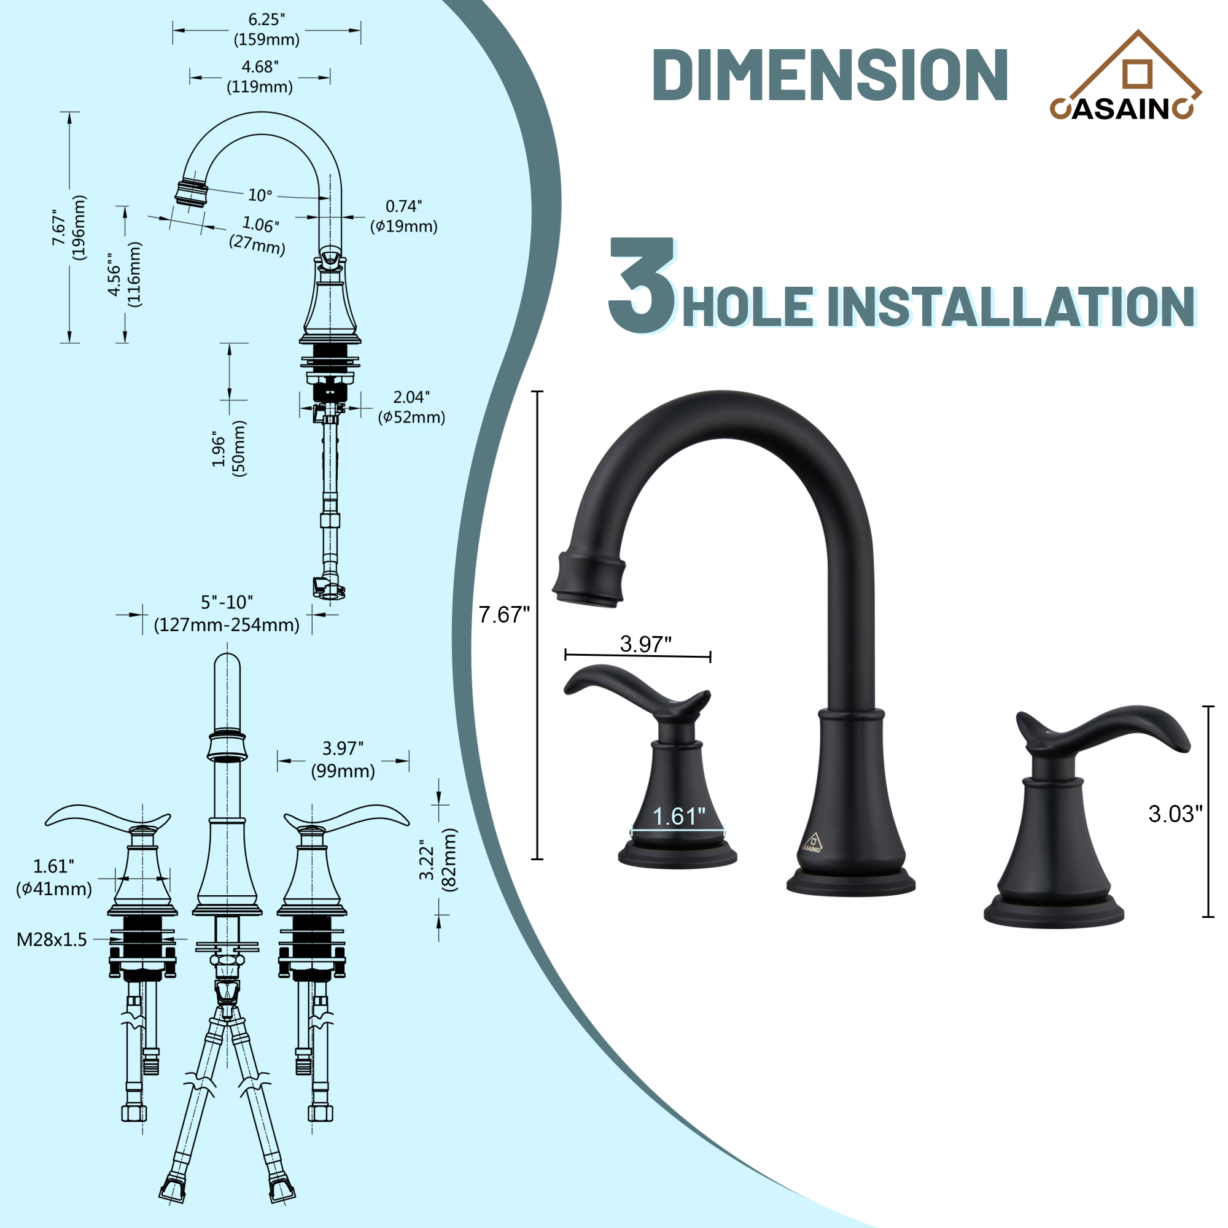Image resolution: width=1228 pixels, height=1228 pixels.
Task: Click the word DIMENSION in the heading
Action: coord(830,75)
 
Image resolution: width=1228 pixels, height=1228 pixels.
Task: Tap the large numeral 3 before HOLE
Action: coord(642,286)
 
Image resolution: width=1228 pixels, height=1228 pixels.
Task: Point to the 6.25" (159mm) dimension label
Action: coord(266,30)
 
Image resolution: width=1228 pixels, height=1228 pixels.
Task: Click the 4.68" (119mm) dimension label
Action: coord(260,77)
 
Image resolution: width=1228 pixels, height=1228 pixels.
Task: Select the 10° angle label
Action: coord(260,195)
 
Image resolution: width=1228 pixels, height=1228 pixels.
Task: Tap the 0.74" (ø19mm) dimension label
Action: coord(403,216)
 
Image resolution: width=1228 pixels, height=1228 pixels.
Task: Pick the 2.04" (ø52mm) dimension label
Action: coord(411,408)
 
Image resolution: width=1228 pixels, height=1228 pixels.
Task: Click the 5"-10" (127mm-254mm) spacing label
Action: coord(227,614)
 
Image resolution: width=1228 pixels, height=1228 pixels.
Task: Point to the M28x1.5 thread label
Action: coord(52,939)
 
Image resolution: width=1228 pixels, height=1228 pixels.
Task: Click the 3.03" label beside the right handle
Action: coord(1175,814)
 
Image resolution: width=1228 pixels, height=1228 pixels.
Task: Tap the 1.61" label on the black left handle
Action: coord(679,817)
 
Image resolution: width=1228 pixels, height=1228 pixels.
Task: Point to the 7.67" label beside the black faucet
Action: coord(504,615)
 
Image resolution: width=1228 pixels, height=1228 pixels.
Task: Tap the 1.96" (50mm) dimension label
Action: coord(229,449)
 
